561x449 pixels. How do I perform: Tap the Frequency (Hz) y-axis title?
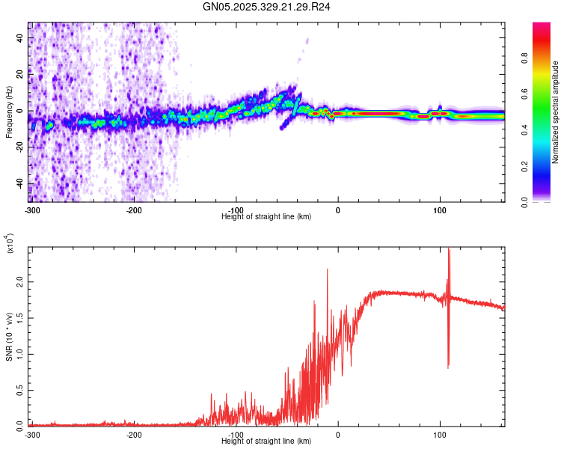click(x=9, y=112)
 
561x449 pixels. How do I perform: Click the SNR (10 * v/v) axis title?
click(x=9, y=336)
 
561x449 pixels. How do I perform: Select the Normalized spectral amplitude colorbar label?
click(x=556, y=112)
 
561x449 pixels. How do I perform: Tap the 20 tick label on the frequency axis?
click(x=20, y=75)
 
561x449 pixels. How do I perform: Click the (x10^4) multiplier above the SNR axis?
click(x=10, y=243)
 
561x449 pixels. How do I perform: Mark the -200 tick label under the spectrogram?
click(x=134, y=210)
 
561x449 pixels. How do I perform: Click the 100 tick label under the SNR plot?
click(x=440, y=434)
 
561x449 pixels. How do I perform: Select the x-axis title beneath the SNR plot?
click(x=266, y=442)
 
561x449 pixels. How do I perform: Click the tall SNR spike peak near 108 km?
click(x=449, y=250)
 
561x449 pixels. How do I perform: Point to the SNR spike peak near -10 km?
click(x=327, y=269)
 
